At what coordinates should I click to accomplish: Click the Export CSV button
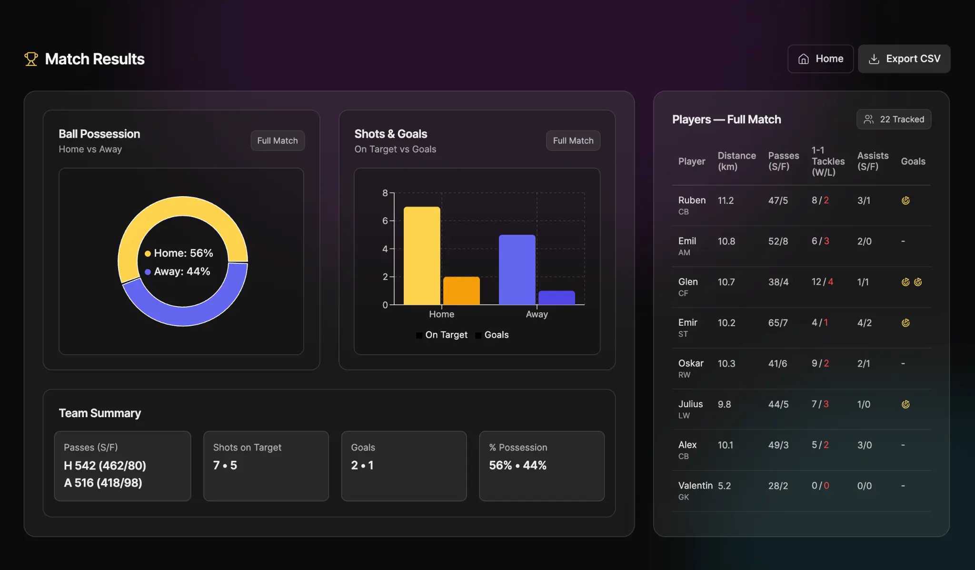point(904,59)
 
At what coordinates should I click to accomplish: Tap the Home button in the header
point(820,59)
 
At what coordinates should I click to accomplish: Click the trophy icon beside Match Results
point(31,59)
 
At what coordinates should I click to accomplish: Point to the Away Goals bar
point(557,298)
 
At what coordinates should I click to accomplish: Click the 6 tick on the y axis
point(385,220)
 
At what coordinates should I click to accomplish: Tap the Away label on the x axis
point(537,314)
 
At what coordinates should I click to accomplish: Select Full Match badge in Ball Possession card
point(278,140)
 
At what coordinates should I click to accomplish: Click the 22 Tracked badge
point(894,119)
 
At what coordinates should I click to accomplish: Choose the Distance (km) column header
point(736,161)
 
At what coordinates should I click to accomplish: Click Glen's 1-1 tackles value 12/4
point(822,282)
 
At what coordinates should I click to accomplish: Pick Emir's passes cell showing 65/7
point(778,323)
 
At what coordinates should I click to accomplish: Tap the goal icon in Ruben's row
point(905,200)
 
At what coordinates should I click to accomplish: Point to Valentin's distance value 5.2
point(724,486)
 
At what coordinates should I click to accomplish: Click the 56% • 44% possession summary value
point(517,465)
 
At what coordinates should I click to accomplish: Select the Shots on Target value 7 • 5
point(225,465)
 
